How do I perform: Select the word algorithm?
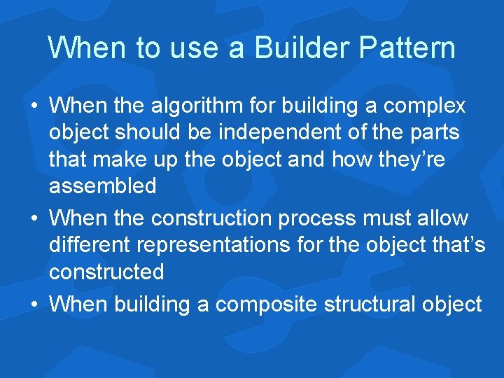click(x=192, y=106)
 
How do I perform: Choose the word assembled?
click(x=102, y=186)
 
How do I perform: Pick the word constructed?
click(x=106, y=272)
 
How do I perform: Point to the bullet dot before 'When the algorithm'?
click(x=34, y=107)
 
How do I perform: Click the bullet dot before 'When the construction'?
click(x=34, y=219)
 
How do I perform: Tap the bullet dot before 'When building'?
click(x=34, y=305)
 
